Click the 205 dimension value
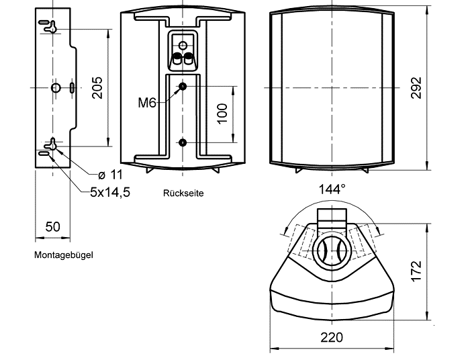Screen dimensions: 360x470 (98, 87)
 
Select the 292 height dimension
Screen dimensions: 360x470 (416, 87)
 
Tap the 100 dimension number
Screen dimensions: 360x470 (223, 112)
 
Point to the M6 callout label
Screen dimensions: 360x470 (147, 103)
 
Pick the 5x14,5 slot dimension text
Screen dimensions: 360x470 (109, 192)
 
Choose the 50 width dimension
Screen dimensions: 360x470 (52, 226)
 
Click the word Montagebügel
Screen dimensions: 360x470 (63, 255)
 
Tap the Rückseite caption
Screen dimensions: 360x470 (183, 193)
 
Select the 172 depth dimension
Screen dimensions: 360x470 (416, 271)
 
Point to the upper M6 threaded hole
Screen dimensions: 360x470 (183, 87)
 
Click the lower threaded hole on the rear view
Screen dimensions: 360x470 (183, 142)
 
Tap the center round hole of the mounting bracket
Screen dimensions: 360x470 (56, 87)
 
